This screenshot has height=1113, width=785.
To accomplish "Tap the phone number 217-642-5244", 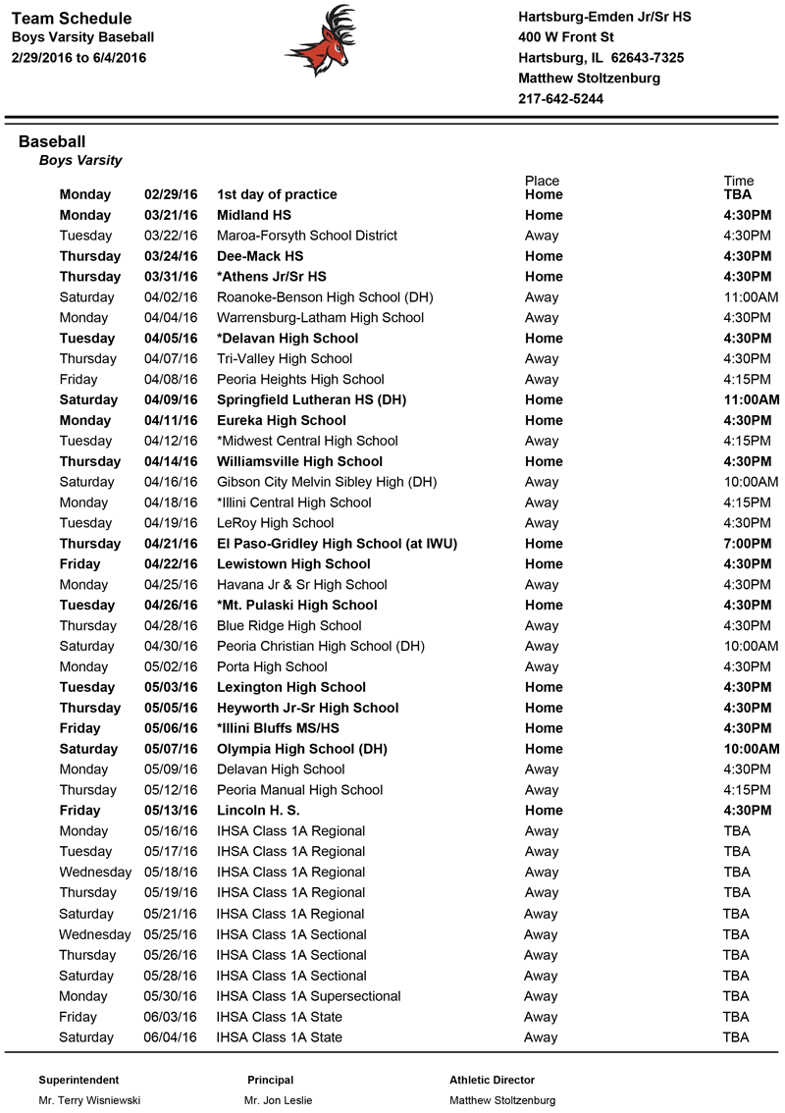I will [x=560, y=99].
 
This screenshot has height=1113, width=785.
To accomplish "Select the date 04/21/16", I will [x=171, y=544].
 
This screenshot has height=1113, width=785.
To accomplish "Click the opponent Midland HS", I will [x=254, y=215].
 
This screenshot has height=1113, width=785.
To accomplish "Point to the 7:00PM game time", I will [x=747, y=544].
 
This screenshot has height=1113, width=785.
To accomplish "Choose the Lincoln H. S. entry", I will [x=258, y=811].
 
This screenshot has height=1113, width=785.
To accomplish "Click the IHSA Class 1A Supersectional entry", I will [x=308, y=996].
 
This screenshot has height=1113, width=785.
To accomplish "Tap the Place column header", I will [x=542, y=181].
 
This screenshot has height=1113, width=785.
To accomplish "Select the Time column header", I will [x=738, y=181].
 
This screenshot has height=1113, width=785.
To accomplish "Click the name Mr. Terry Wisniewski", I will [x=89, y=1101].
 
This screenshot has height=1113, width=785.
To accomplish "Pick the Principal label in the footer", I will [x=270, y=1080].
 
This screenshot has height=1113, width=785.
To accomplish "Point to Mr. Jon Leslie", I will [x=279, y=1101].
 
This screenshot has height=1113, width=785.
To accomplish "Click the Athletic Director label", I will [x=492, y=1080].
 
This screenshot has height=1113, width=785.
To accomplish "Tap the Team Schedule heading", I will [x=72, y=19].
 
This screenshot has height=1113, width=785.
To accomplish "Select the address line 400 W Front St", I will [x=565, y=37].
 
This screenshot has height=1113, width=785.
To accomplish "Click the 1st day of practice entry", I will [x=277, y=194].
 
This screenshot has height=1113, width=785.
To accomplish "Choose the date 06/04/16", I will [x=171, y=1037].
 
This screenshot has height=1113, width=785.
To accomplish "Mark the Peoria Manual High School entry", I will [x=299, y=790].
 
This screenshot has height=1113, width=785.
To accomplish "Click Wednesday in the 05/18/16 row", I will [x=95, y=873].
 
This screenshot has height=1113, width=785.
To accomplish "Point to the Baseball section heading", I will [x=52, y=142].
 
